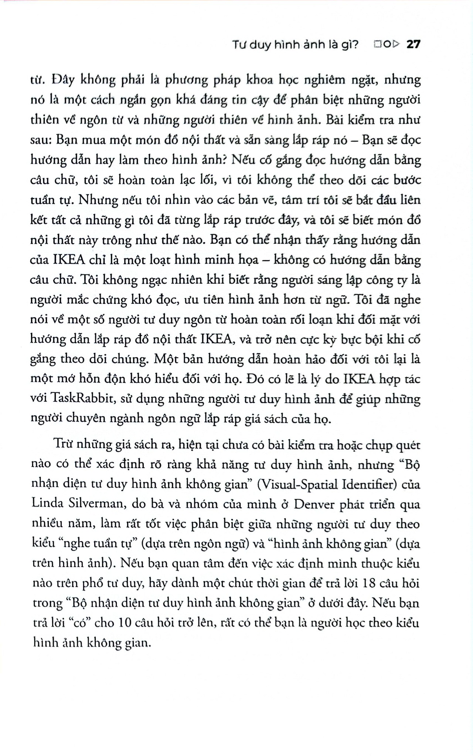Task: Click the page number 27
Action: point(414,45)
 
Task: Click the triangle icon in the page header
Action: point(396,45)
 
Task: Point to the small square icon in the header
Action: point(377,45)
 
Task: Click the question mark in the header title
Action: point(356,45)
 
